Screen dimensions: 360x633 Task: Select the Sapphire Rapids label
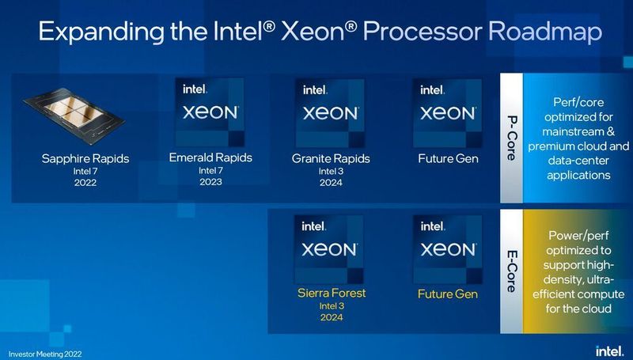pos(85,159)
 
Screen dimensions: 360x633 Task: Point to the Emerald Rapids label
pos(210,157)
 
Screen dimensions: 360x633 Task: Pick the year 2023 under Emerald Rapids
pos(210,182)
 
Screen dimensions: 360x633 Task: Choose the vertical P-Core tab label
pos(511,139)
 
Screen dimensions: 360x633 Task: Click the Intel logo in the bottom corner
pos(606,349)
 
